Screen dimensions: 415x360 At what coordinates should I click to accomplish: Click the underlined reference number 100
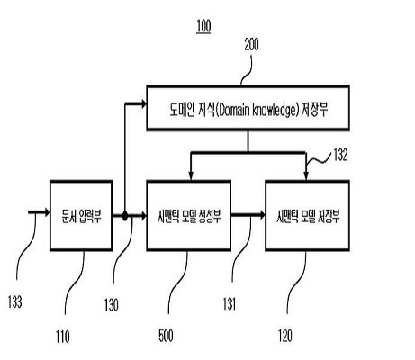203,26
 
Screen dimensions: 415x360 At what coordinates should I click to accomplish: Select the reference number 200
251,45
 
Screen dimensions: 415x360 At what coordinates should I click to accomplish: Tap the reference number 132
340,155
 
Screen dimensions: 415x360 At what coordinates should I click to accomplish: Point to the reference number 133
15,301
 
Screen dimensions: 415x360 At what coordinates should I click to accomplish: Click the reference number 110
63,337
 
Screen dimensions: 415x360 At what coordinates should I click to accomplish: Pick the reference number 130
112,305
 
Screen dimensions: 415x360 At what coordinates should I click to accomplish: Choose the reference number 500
166,336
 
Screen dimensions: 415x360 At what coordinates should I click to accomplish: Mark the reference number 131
230,303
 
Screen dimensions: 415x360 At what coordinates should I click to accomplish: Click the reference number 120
285,336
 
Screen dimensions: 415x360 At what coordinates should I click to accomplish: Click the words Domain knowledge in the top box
256,111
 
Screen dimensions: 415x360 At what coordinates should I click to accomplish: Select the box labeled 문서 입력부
81,215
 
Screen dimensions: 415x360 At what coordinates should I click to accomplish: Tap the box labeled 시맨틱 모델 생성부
189,215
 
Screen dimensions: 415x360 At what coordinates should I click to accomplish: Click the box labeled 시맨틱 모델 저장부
308,215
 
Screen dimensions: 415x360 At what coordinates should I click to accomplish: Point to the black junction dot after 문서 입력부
125,215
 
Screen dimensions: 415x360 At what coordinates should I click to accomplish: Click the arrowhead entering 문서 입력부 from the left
46,212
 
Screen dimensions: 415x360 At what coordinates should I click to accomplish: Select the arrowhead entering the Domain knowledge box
143,103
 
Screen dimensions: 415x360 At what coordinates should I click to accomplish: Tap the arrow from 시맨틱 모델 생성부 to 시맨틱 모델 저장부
248,215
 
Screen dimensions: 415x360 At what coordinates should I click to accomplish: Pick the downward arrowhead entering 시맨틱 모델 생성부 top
191,175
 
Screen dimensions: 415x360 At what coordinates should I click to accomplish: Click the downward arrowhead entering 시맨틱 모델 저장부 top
306,175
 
